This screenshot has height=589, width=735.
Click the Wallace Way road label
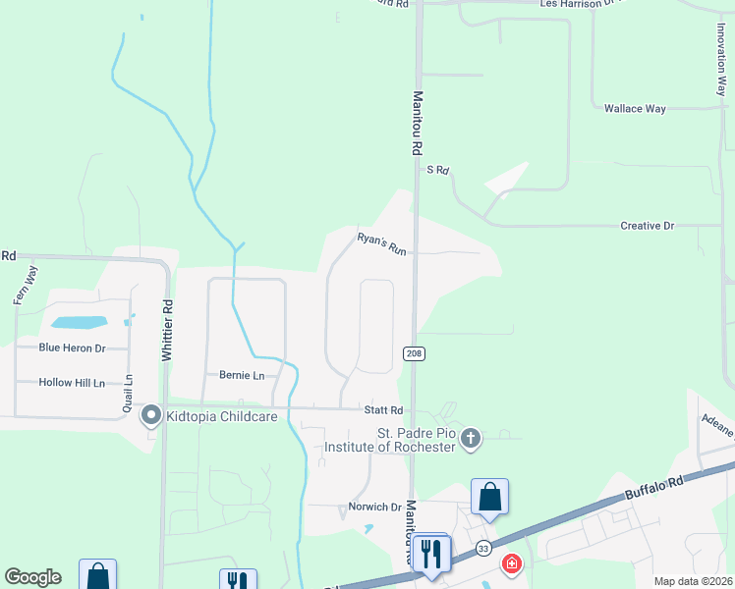tap(635, 108)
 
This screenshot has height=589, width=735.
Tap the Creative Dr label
tap(647, 226)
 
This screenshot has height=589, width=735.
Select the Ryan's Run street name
tap(381, 243)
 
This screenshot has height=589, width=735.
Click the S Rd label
tap(437, 170)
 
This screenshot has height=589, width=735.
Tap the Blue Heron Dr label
tap(72, 348)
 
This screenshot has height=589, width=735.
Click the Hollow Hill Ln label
tap(72, 383)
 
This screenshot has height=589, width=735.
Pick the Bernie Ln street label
tap(242, 376)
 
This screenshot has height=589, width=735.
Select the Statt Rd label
tap(383, 410)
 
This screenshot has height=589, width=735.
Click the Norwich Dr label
tap(375, 508)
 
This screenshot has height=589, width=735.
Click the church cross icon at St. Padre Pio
tap(471, 438)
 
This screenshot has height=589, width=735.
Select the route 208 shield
tap(414, 352)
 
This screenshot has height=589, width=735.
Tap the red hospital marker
tap(512, 564)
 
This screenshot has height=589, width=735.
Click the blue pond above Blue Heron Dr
tap(79, 322)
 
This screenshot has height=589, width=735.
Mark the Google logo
tap(32, 577)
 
